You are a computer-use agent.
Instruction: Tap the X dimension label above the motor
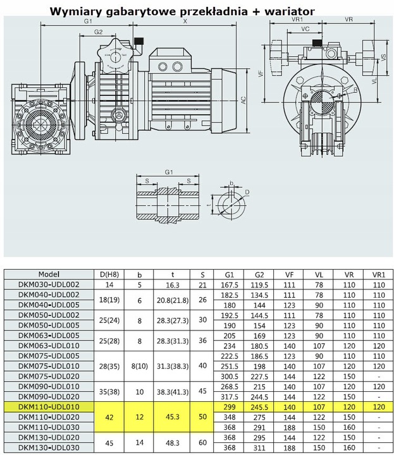click(x=185, y=21)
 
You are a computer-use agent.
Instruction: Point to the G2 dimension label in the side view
click(x=99, y=32)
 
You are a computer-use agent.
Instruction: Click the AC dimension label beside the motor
click(x=243, y=100)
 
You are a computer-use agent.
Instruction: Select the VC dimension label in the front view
click(x=305, y=28)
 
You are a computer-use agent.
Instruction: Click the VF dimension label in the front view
click(x=261, y=73)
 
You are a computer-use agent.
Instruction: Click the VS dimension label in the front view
click(x=383, y=58)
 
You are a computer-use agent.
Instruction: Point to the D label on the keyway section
click(x=247, y=192)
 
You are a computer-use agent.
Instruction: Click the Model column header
click(x=49, y=274)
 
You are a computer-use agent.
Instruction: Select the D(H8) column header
click(x=109, y=275)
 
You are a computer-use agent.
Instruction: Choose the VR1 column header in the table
click(x=379, y=275)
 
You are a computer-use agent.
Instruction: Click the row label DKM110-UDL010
click(x=49, y=407)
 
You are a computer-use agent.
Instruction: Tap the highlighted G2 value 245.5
click(x=259, y=407)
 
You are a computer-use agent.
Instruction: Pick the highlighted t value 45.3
click(x=173, y=417)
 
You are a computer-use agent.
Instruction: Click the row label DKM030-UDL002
click(x=49, y=284)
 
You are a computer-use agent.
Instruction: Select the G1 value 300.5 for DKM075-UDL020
click(x=230, y=377)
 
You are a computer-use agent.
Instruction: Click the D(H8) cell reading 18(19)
click(x=109, y=300)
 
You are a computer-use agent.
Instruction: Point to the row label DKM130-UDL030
click(x=49, y=447)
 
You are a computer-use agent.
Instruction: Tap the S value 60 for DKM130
click(x=202, y=442)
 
